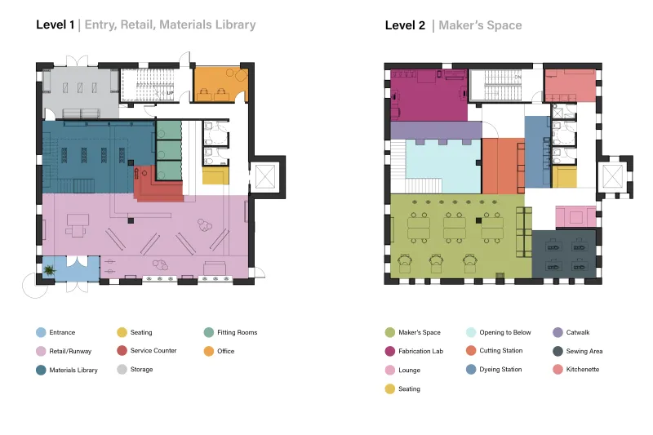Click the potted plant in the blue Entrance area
tap(50, 270)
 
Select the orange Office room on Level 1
tap(220, 84)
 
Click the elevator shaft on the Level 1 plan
tap(265, 176)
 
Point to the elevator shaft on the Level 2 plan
tap(613, 176)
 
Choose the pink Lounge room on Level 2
tap(576, 217)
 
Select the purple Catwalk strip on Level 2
tap(436, 131)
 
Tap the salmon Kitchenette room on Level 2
tap(571, 86)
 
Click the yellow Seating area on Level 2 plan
tap(564, 176)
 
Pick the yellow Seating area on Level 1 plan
tap(215, 175)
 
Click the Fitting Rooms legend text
tap(238, 332)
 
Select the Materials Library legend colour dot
tap(41, 370)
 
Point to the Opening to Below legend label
tap(505, 332)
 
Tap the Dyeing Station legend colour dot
tap(471, 370)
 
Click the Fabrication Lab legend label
tap(420, 351)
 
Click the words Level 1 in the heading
tap(55, 24)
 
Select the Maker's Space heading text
tap(480, 25)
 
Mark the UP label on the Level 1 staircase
tap(170, 93)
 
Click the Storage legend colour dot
tap(122, 369)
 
